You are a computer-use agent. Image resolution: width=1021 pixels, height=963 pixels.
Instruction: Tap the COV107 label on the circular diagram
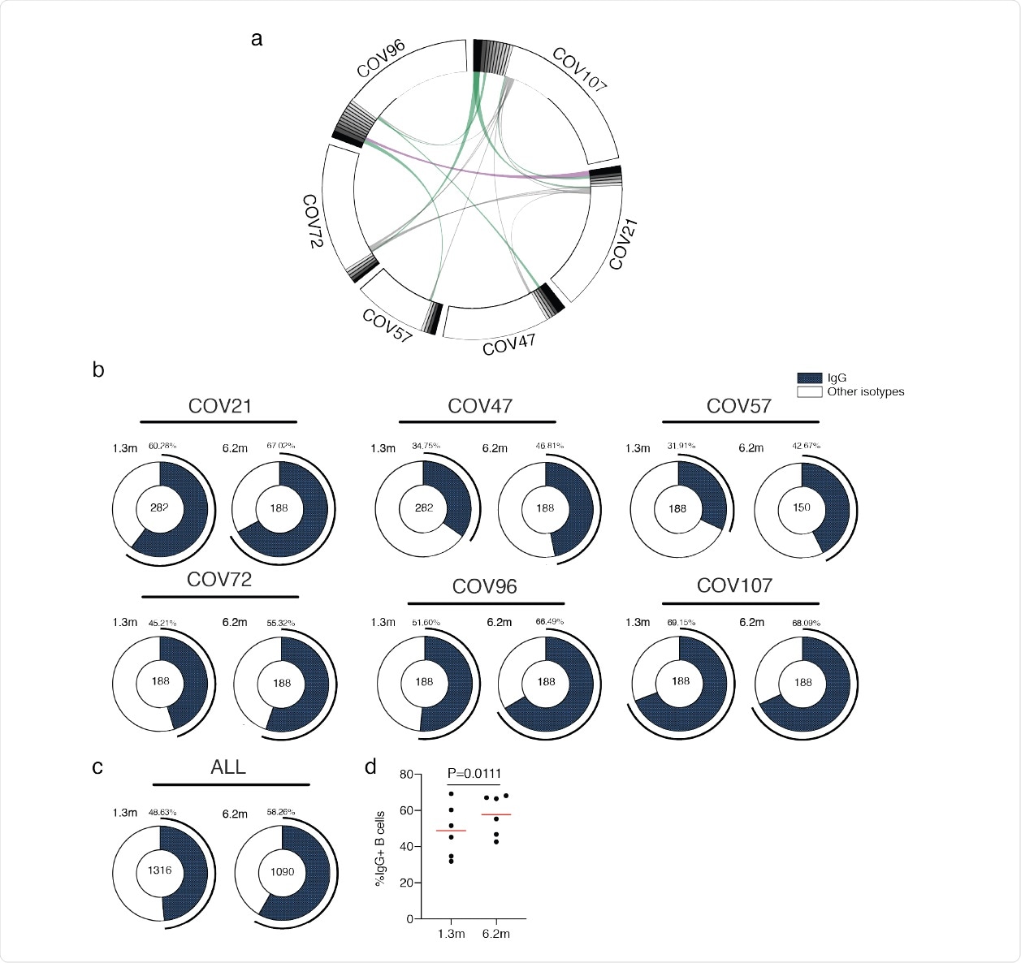(x=579, y=70)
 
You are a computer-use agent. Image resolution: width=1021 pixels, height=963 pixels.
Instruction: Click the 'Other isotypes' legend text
(x=865, y=391)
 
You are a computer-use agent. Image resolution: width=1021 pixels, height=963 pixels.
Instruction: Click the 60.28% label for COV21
(x=162, y=446)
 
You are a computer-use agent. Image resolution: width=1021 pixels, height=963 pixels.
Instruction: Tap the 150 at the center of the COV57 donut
(x=802, y=507)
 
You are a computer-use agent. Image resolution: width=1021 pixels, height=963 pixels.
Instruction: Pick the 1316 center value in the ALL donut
(x=160, y=870)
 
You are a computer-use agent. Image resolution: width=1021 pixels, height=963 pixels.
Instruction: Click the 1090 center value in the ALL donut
(x=281, y=871)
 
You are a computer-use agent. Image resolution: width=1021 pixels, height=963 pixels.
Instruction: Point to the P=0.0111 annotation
(x=474, y=772)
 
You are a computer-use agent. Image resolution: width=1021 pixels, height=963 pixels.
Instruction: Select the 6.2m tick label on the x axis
(x=495, y=934)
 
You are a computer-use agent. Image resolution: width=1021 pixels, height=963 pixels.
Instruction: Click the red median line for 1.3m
(x=451, y=831)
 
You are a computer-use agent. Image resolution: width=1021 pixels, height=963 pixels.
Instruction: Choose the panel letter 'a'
(x=257, y=38)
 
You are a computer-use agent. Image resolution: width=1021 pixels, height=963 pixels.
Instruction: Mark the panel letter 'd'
(x=371, y=766)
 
